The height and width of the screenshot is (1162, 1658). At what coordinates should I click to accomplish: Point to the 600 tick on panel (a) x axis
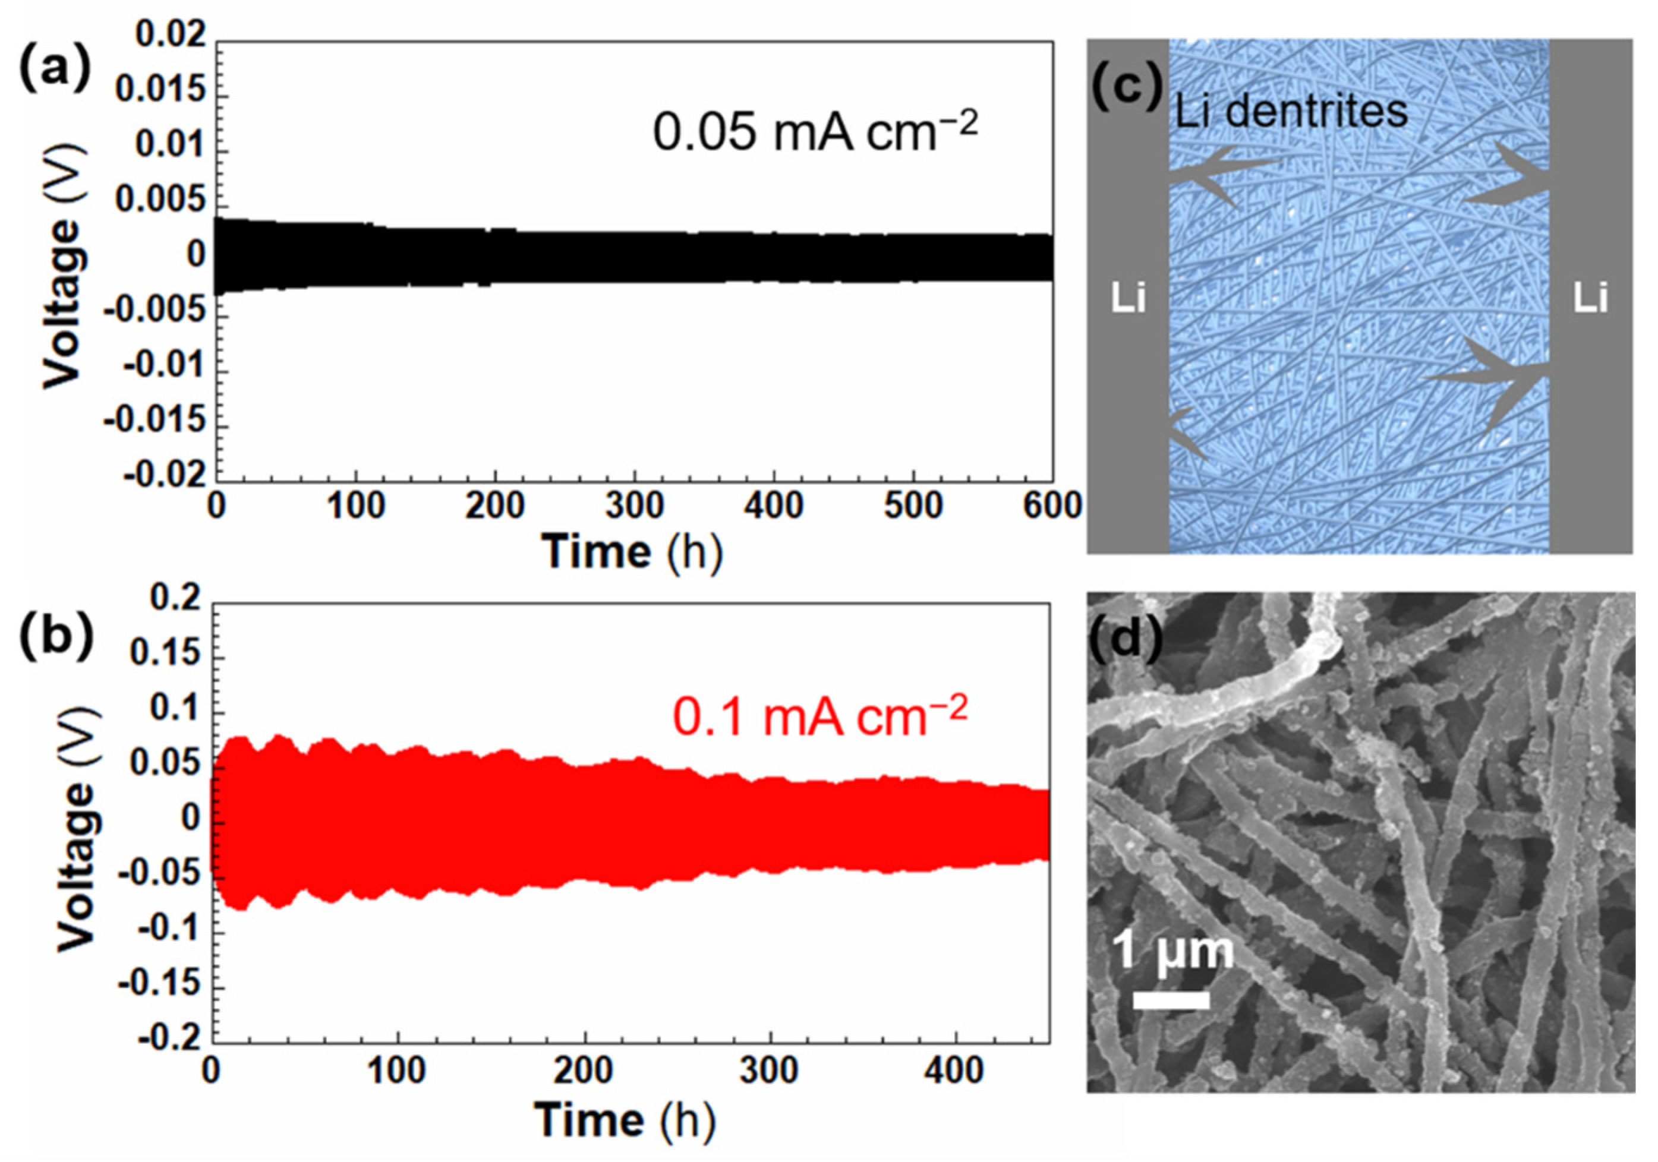click(1051, 507)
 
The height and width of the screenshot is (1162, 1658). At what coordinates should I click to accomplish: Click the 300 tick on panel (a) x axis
click(634, 507)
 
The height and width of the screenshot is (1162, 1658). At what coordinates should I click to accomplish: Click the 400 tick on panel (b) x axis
click(954, 1071)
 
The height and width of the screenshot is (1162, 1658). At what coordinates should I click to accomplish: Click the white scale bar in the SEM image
click(1171, 1000)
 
